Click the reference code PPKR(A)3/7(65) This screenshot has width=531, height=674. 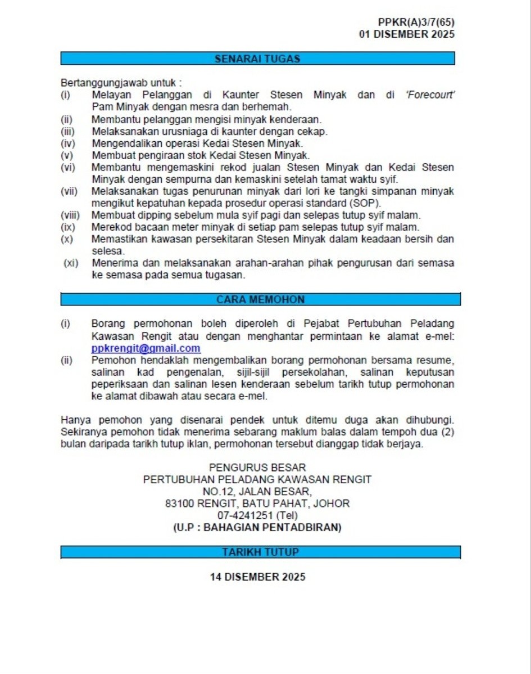416,23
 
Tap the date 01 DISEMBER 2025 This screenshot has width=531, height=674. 407,34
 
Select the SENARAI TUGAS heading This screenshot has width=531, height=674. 257,59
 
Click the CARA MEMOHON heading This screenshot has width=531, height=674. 260,300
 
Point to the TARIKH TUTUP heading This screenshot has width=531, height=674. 260,552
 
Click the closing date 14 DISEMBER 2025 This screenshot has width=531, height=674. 257,577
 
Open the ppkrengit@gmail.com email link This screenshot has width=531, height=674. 146,348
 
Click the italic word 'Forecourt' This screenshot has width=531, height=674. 430,95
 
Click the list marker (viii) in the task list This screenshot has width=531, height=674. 70,215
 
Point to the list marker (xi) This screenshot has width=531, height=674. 71,263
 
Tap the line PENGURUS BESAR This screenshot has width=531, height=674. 257,468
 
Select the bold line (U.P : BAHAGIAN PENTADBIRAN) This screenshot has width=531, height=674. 257,528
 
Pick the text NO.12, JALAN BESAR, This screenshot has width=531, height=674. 257,492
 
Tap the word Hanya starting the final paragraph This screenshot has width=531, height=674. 76,420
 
